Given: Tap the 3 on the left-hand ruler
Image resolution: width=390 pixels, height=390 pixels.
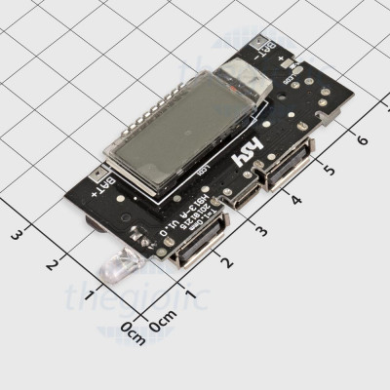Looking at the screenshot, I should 17,234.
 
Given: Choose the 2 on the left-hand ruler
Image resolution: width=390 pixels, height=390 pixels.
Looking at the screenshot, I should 53,264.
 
